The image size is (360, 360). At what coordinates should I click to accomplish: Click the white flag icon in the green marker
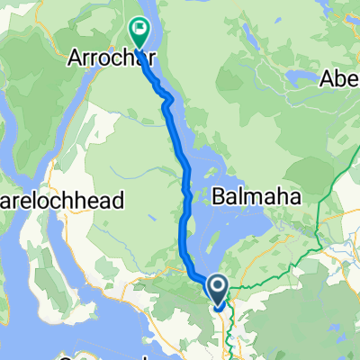(140, 29)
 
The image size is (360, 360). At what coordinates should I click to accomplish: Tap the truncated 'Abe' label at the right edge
(341, 79)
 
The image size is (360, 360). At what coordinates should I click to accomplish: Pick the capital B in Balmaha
(220, 194)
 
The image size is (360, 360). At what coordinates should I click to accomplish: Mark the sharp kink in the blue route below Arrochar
(166, 105)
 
